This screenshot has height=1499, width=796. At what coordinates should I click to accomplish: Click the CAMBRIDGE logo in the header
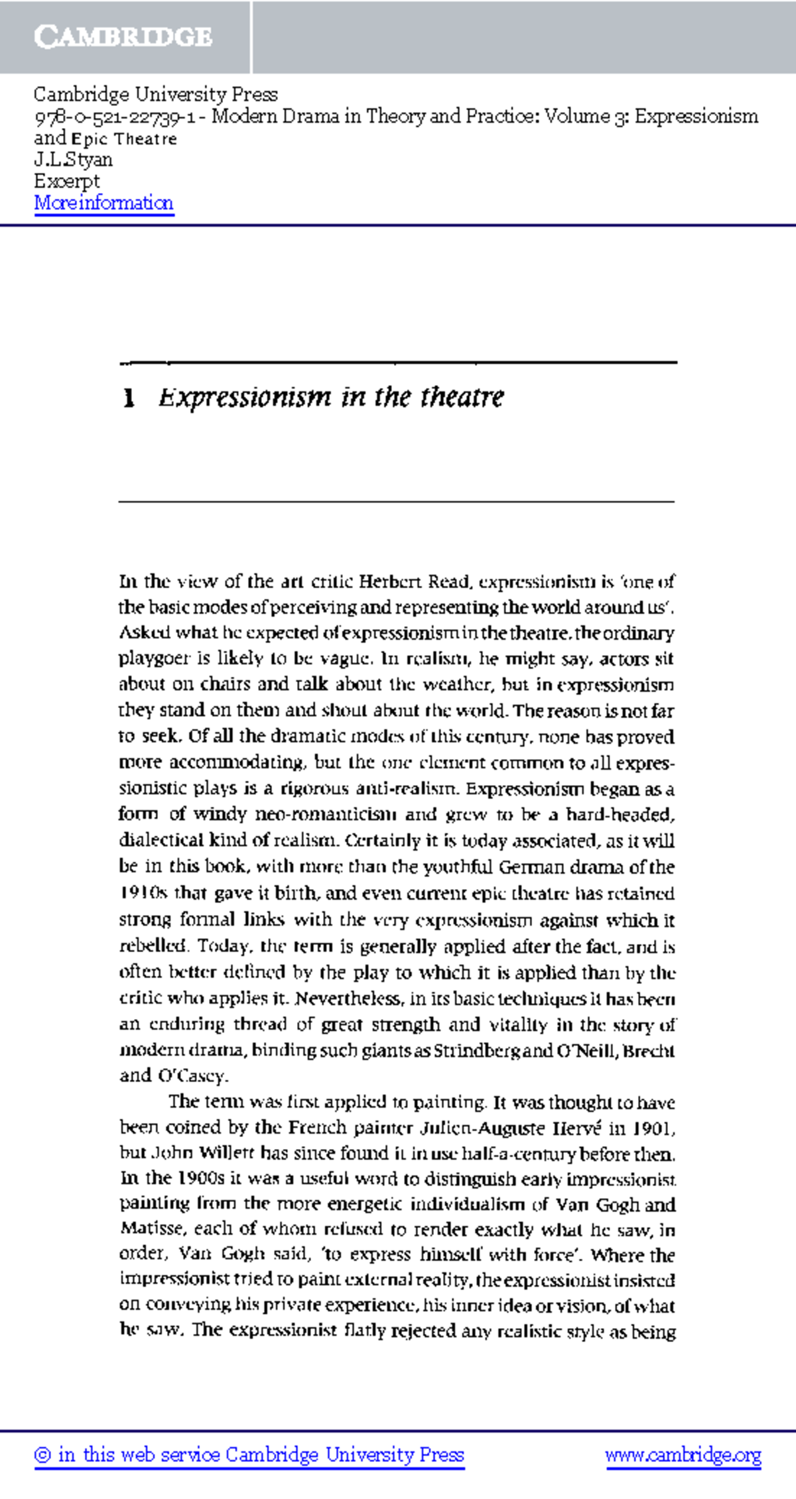(123, 36)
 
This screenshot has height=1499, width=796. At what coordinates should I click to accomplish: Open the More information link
(103, 203)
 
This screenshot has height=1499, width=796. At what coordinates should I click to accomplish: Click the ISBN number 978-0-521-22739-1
(114, 117)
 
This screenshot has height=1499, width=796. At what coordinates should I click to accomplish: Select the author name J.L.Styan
(73, 160)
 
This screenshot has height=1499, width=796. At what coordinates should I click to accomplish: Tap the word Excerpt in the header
(66, 181)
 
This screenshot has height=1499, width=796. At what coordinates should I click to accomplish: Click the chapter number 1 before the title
(129, 398)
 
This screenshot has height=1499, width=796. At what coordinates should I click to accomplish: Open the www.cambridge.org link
(683, 1455)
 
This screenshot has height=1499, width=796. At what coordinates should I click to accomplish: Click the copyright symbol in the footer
(43, 1456)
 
